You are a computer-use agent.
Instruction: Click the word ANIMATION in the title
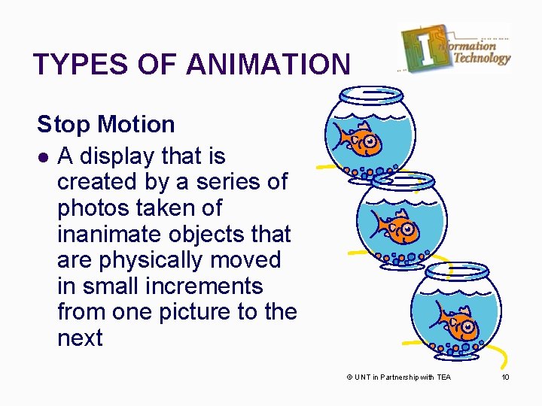[268, 65]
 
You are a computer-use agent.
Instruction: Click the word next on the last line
[79, 338]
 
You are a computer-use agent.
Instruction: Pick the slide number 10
[505, 377]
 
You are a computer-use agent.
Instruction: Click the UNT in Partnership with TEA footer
[398, 377]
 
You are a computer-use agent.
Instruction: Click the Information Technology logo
[456, 47]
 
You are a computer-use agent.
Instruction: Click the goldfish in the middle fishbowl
[394, 225]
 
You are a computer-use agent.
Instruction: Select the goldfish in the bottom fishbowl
[455, 323]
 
